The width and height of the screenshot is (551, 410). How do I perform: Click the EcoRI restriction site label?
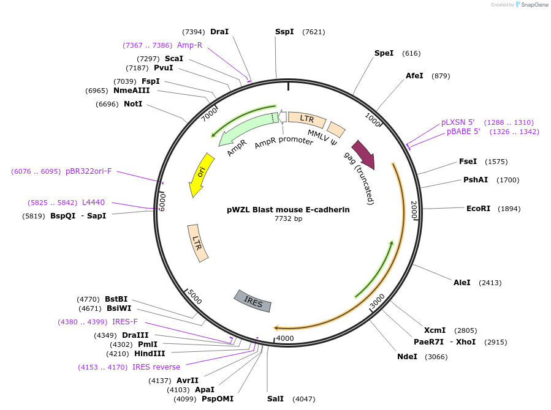(478, 209)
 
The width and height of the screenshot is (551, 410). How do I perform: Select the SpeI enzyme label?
(384, 53)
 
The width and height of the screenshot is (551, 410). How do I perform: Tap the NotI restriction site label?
(133, 104)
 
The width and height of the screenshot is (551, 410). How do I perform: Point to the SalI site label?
(275, 399)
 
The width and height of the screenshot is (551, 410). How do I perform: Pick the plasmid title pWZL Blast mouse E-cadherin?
(288, 209)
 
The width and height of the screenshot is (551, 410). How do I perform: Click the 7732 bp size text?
(288, 218)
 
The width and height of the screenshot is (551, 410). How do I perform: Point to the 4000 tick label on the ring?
(285, 338)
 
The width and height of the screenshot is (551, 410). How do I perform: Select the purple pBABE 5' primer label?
(463, 132)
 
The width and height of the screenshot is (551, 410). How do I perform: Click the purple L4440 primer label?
(93, 203)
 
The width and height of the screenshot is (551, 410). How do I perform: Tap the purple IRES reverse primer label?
(156, 367)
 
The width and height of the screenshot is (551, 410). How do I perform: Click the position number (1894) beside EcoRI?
(509, 209)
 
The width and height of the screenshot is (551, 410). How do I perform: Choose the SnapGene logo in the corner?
(531, 5)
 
